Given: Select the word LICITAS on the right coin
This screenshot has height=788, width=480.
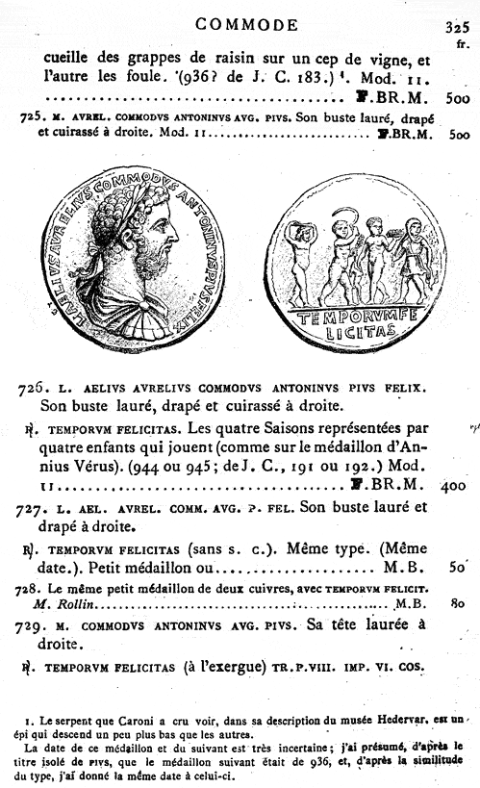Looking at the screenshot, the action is (x=359, y=332).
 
